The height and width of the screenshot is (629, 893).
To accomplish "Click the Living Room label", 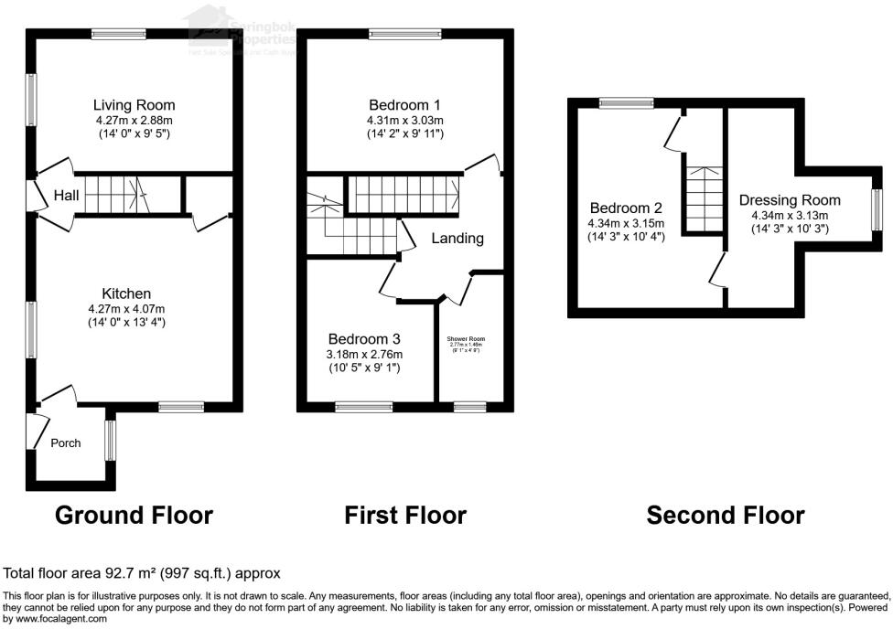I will click(x=134, y=105).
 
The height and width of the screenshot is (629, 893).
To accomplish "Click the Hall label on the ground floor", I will click(x=66, y=196).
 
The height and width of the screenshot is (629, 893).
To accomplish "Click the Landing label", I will click(x=457, y=239).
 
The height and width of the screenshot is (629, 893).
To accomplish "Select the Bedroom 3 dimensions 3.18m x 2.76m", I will click(x=365, y=355).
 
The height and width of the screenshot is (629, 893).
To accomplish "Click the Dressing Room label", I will click(x=789, y=200).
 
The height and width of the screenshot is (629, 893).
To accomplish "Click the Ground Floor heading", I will click(x=134, y=516).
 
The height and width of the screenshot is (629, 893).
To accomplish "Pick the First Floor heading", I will click(x=405, y=516).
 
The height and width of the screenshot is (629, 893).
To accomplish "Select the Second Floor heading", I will click(x=726, y=516).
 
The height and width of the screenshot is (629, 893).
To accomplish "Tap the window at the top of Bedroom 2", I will click(x=627, y=103).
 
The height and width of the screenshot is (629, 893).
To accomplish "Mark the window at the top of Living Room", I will click(x=119, y=34).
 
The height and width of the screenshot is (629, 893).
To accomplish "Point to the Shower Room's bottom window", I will click(x=470, y=407).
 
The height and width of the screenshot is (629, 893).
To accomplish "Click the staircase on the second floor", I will click(x=704, y=197).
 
